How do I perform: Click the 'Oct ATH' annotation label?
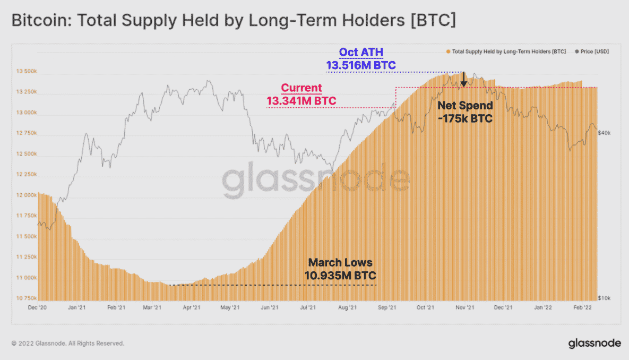pos(361,52)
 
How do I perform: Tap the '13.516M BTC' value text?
pos(361,65)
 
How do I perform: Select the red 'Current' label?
pos(301,88)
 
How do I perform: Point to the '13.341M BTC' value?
pos(301,100)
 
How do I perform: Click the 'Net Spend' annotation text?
pos(465,106)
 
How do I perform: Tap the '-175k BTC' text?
pos(465,118)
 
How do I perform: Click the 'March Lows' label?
pos(340,262)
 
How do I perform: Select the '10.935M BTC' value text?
pos(340,275)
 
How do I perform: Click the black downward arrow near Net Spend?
pos(463,80)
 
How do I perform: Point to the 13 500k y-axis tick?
pos(26,71)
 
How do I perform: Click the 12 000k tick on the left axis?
pos(26,195)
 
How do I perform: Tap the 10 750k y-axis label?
pos(26,298)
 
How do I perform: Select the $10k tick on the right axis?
pos(604,298)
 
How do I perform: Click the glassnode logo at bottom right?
pos(594,343)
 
